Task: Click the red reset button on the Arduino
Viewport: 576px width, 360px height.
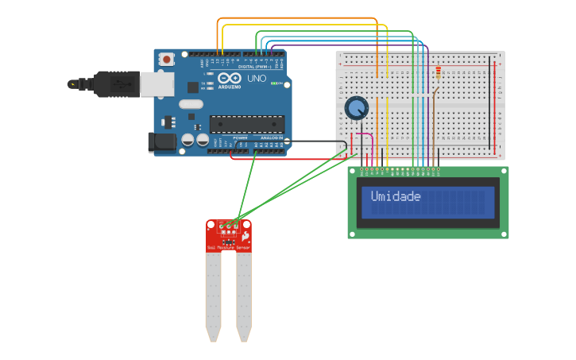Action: point(167,59)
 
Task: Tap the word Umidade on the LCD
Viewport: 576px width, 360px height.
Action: point(396,196)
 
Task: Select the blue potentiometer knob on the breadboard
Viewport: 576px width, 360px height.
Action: point(357,107)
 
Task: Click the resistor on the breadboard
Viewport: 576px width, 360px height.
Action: point(438,75)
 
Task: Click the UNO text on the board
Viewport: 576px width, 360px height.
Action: point(256,79)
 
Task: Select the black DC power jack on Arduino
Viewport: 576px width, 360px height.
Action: point(162,142)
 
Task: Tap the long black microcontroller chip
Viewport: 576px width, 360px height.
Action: point(246,124)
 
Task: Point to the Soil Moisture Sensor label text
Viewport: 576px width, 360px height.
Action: point(229,249)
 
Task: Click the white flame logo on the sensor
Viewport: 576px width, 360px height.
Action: point(245,236)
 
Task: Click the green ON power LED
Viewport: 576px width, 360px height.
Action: point(275,83)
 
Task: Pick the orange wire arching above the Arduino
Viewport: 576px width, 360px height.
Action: point(302,17)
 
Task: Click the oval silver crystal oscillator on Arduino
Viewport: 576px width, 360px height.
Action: point(191,103)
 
